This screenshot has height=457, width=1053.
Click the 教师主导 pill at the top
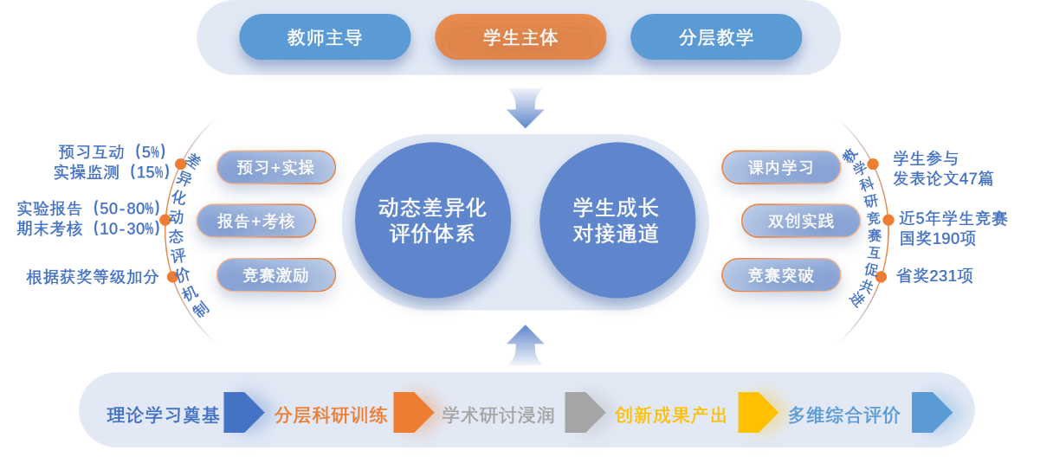tap(325, 37)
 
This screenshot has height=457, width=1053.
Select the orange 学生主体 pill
tap(520, 37)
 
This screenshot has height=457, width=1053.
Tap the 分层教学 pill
tap(716, 37)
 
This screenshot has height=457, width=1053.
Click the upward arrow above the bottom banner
tap(525, 344)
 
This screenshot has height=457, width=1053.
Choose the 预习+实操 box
tap(275, 167)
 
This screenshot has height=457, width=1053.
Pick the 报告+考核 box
tap(255, 221)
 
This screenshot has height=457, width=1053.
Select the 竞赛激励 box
tap(275, 275)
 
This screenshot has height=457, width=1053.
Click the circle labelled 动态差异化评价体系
tap(432, 221)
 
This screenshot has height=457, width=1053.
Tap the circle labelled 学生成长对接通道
tap(617, 221)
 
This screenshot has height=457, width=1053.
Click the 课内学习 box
tap(781, 167)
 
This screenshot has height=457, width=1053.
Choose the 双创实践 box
tap(801, 221)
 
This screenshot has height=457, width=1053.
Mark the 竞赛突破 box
tap(781, 275)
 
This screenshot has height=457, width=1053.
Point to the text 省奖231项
tap(934, 276)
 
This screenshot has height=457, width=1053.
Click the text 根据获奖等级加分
tap(93, 277)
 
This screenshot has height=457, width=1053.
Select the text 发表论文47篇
tap(943, 179)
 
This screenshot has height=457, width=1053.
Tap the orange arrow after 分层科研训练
tap(413, 412)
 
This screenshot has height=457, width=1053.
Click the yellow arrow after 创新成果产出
tap(758, 412)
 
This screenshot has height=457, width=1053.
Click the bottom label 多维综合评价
tap(844, 415)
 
